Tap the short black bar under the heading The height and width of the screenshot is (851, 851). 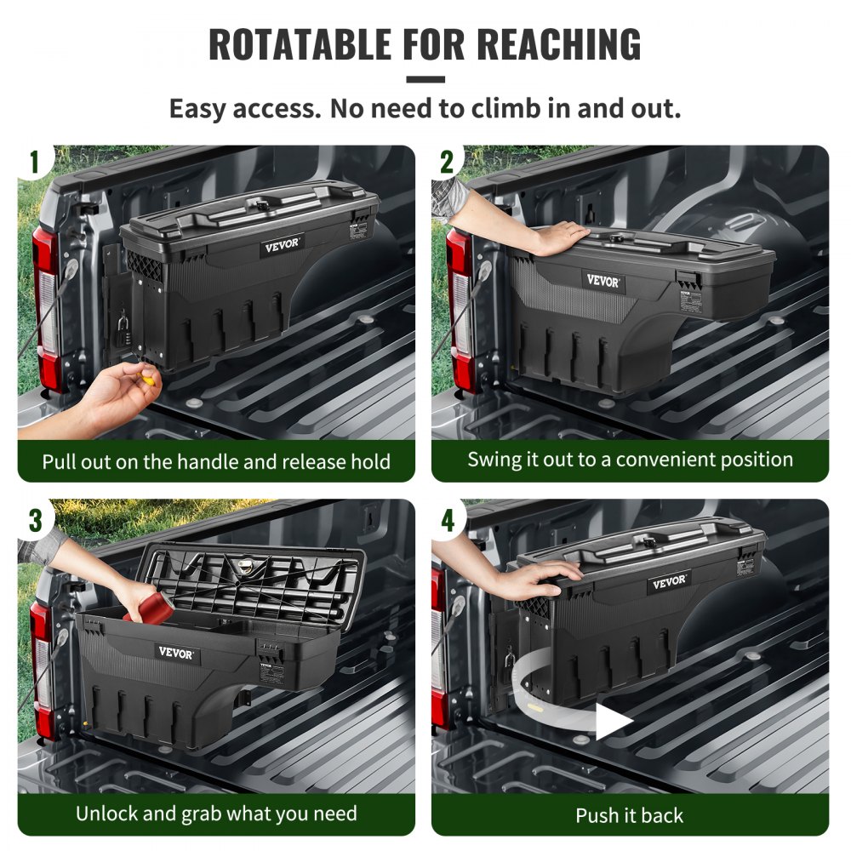(425, 80)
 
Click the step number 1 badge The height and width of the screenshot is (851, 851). (34, 162)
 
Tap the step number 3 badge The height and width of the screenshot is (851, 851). (34, 520)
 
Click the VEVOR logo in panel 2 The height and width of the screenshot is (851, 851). (603, 281)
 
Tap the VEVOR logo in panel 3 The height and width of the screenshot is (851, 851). (176, 653)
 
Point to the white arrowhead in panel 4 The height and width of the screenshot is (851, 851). (612, 722)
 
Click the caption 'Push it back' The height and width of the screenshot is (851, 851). (629, 815)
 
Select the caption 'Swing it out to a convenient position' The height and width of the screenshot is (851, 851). (630, 460)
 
